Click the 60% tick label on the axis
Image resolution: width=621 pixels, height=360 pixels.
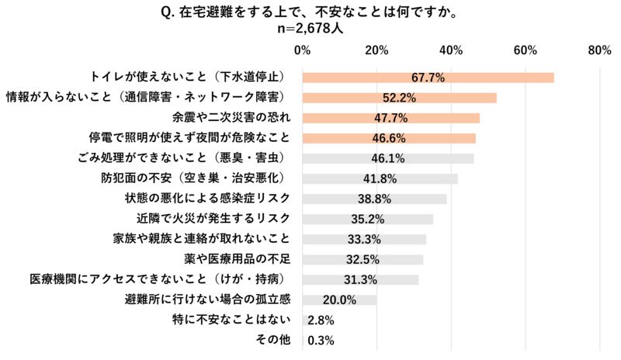click(x=526, y=50)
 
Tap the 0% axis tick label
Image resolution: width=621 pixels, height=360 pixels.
click(x=302, y=50)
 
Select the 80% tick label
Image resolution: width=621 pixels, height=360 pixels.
click(x=600, y=50)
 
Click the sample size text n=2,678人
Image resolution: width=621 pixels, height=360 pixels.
click(x=310, y=28)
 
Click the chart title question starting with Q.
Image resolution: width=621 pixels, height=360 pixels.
click(x=310, y=12)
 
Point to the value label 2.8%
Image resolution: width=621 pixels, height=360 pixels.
click(x=321, y=320)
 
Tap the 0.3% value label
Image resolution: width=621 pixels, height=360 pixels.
click(x=321, y=340)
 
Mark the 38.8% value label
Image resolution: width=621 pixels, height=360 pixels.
click(x=374, y=199)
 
